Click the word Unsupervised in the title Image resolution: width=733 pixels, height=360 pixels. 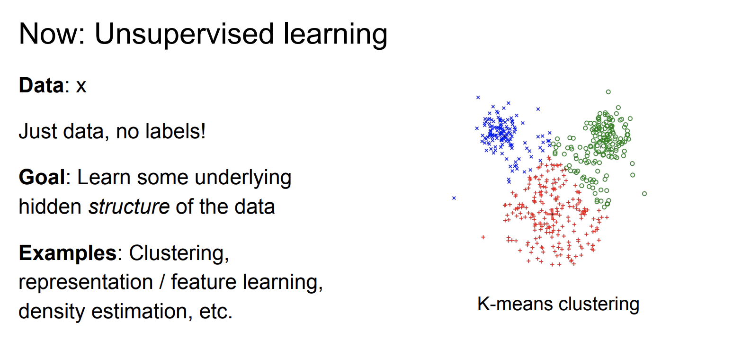184,34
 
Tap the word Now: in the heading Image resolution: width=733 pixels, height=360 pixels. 52,34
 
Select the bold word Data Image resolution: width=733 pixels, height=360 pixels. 41,85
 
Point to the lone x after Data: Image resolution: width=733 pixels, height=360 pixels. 81,87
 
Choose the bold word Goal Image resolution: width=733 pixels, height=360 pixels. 42,177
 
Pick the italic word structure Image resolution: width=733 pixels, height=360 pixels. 129,207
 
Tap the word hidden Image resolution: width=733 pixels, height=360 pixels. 50,207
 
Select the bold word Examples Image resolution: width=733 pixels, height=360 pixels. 68,253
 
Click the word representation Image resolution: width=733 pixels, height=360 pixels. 86,282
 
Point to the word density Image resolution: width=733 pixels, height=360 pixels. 52,311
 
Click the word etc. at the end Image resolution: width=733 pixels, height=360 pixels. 216,311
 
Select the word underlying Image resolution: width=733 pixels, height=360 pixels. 243,178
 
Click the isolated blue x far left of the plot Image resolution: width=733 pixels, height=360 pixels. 454,198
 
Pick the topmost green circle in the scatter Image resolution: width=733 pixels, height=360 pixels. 608,92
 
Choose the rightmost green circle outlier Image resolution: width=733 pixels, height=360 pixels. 644,194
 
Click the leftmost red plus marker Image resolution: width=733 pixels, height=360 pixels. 483,237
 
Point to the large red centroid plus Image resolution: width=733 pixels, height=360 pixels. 552,215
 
